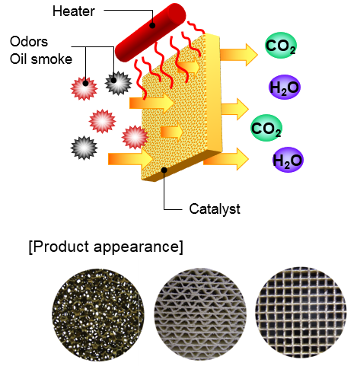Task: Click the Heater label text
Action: point(74,11)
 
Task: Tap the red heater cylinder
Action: point(151,33)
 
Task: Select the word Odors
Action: point(29,41)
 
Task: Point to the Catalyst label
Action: point(215,209)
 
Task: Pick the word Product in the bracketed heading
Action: point(61,247)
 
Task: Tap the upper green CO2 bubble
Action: point(281,46)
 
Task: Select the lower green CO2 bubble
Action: point(266,128)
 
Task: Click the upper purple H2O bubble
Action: point(285,87)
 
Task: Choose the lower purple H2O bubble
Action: point(288,160)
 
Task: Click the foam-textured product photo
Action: point(98,315)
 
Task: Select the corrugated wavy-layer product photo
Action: point(200,314)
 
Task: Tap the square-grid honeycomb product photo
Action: point(301,313)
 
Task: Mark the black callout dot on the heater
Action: point(152,25)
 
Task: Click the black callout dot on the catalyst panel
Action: point(164,170)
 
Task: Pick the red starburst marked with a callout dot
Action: point(84,88)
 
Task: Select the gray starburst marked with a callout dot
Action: point(118,83)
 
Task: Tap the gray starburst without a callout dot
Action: point(84,148)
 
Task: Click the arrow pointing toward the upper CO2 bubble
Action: point(239,55)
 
